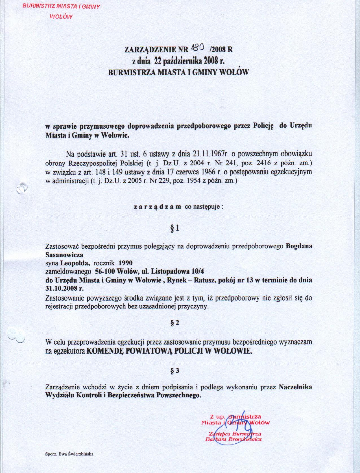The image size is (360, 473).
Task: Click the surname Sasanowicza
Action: tap(64, 255)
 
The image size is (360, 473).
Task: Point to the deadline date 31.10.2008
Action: tap(61, 289)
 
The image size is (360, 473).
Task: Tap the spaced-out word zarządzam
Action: tap(157, 207)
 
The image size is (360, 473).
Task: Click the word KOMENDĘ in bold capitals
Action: tap(106, 351)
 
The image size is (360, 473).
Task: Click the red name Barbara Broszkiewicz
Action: tap(234, 439)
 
